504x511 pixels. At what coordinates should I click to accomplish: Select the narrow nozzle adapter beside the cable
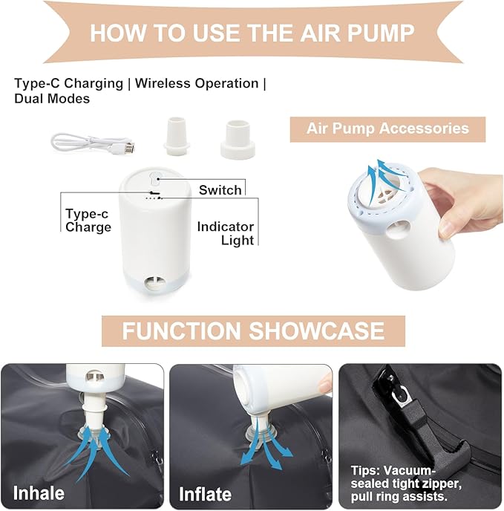tap(176, 136)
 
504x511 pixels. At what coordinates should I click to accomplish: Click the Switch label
tap(220, 190)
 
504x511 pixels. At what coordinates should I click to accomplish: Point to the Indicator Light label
tap(226, 233)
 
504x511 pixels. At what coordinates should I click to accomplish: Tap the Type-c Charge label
tap(88, 221)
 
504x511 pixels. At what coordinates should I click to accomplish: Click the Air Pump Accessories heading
tap(387, 128)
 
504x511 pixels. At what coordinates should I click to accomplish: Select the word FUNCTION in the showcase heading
tap(181, 331)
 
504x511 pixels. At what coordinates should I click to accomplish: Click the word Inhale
tap(39, 493)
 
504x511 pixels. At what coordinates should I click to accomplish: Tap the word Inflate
tap(206, 494)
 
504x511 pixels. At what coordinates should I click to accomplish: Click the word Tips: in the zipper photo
tap(365, 471)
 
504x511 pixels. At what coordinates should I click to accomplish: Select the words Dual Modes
tap(52, 99)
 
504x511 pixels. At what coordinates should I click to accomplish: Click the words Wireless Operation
tap(197, 83)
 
